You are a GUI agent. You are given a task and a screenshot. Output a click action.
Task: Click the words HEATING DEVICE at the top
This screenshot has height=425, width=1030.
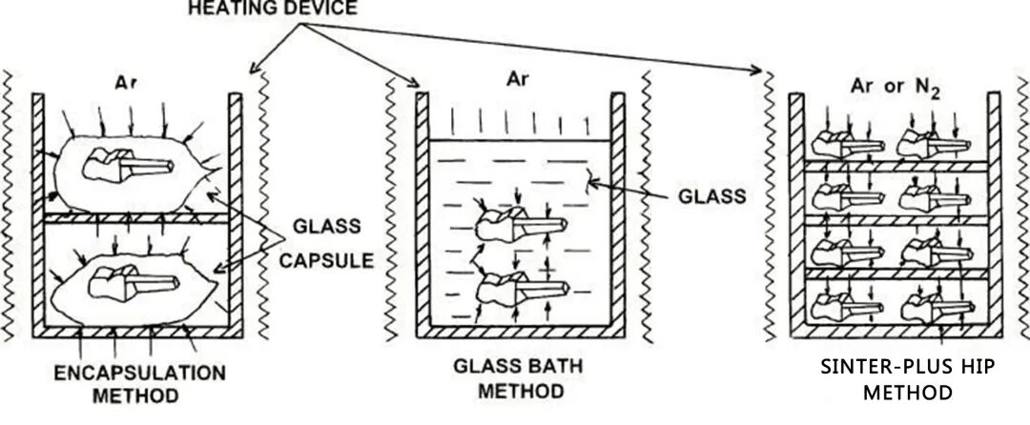tap(273, 8)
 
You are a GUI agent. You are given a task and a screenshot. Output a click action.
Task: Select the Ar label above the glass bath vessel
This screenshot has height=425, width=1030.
tap(517, 79)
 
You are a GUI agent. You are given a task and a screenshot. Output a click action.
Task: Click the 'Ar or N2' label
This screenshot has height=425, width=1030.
tap(896, 88)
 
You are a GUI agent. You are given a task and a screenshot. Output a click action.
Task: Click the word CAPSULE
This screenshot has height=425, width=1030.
tap(326, 261)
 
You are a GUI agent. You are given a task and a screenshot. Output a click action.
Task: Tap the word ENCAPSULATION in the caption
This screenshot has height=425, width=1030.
tap(139, 374)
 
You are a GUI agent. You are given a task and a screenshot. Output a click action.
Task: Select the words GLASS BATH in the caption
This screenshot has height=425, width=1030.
tap(518, 365)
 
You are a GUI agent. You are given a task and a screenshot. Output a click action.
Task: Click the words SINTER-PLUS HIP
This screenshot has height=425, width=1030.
tap(907, 367)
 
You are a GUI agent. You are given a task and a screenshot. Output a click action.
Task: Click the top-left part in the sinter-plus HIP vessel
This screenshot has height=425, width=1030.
tap(849, 145)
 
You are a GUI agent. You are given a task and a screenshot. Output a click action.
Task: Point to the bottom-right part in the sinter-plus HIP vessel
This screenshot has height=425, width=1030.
tap(937, 306)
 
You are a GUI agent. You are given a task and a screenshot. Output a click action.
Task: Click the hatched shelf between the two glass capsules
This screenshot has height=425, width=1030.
tap(136, 218)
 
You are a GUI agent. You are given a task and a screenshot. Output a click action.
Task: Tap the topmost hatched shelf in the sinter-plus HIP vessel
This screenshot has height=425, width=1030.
tap(896, 167)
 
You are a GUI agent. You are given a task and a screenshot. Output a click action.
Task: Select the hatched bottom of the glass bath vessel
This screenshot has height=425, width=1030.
tap(521, 332)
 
